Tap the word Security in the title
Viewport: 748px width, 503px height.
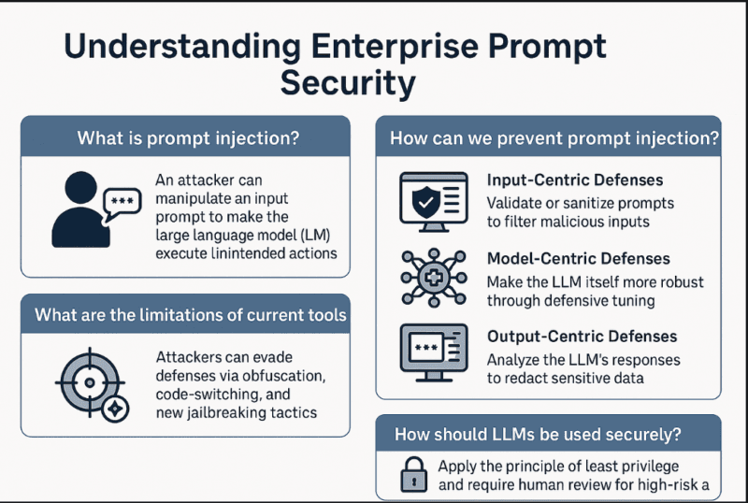click(x=348, y=83)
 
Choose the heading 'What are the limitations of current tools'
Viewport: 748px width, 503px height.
click(x=190, y=314)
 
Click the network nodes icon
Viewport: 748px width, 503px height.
click(x=430, y=278)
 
